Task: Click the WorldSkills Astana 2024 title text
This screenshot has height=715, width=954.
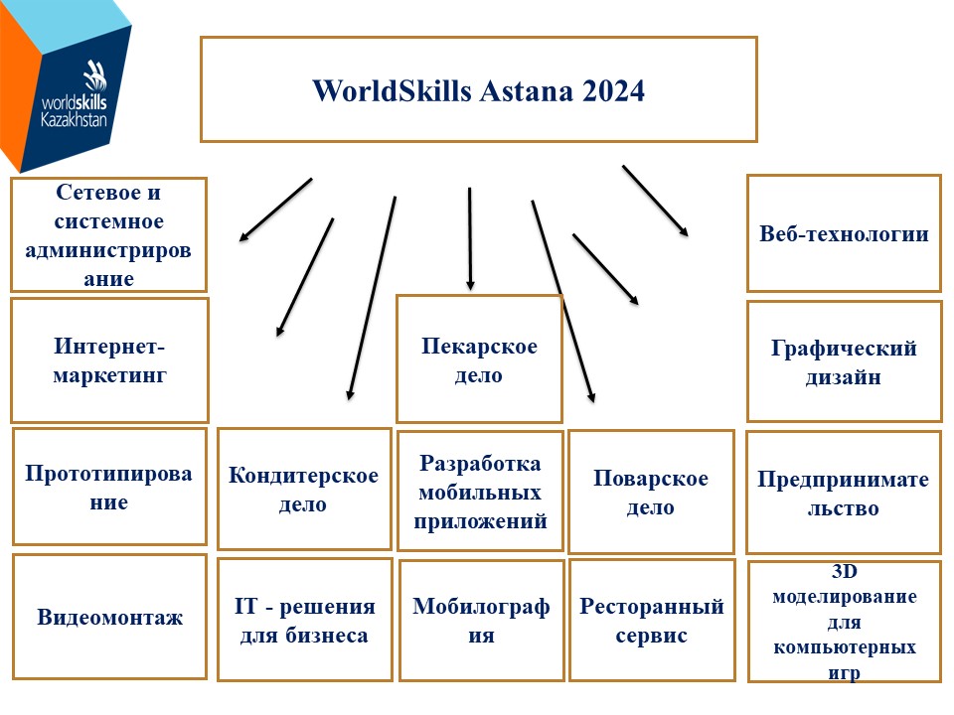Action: pyautogui.click(x=478, y=91)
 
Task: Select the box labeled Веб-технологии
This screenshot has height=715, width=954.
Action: pyautogui.click(x=844, y=233)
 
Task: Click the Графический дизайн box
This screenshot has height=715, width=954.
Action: pyautogui.click(x=844, y=361)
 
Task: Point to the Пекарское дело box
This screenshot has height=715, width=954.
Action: pyautogui.click(x=479, y=358)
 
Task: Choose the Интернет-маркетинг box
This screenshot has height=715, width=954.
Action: pyautogui.click(x=109, y=359)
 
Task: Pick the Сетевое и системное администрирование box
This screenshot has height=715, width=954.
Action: pyautogui.click(x=109, y=234)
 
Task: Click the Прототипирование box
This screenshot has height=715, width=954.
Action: pyautogui.click(x=109, y=487)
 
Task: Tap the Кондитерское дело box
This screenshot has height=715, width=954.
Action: pyautogui.click(x=304, y=489)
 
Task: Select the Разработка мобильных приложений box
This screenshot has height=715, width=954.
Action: pyautogui.click(x=480, y=492)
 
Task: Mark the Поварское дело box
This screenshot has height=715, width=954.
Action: pyautogui.click(x=651, y=492)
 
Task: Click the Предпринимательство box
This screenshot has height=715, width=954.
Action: pyautogui.click(x=844, y=493)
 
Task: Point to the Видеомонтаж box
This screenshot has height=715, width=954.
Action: pyautogui.click(x=109, y=617)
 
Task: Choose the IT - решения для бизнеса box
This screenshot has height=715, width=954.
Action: pyautogui.click(x=304, y=620)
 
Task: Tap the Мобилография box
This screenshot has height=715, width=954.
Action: pyautogui.click(x=481, y=620)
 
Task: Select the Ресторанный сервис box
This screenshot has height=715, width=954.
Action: pyautogui.click(x=652, y=620)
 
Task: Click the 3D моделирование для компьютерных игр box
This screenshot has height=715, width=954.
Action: pyautogui.click(x=845, y=622)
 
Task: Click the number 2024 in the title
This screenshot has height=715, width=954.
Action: pyautogui.click(x=613, y=91)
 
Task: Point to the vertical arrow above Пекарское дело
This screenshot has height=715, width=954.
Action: pyautogui.click(x=470, y=238)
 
